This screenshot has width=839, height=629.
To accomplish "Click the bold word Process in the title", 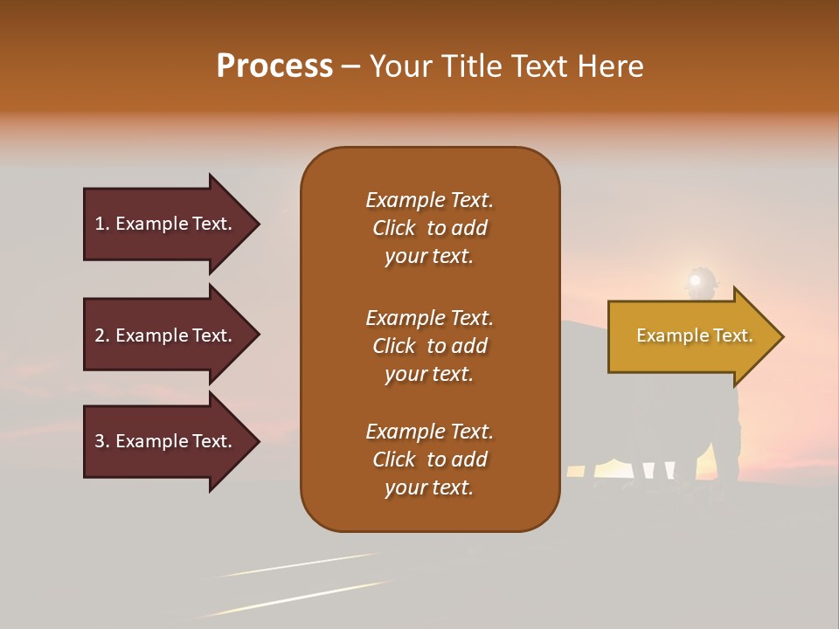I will pos(274,66).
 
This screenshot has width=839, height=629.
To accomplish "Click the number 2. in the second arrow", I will pos(102,335).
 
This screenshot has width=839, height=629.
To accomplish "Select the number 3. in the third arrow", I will pos(102,441).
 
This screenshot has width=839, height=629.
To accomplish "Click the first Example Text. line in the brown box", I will pos(429,200).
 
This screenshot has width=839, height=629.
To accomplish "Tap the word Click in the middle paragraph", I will pos(393,346).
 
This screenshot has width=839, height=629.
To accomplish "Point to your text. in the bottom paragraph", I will pos(429,487).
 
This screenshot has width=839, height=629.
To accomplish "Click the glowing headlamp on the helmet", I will pos(696,280).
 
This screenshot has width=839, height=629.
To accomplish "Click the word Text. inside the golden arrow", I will pos(733,335).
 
